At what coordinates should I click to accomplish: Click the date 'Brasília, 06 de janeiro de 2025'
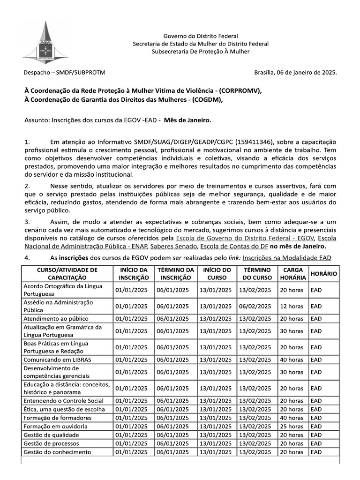click(295, 73)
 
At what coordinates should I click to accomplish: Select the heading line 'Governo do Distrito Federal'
click(201, 36)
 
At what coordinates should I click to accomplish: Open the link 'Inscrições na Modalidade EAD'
click(287, 258)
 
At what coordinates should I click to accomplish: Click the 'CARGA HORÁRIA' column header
click(292, 274)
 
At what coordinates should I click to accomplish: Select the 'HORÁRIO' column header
click(323, 274)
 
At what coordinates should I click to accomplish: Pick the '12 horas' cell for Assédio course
click(292, 307)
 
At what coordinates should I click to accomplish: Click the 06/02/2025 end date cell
click(255, 307)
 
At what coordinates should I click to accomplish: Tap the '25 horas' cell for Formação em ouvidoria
click(292, 427)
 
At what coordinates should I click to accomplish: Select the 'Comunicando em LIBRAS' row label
click(57, 360)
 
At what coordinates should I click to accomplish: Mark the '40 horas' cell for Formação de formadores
click(292, 418)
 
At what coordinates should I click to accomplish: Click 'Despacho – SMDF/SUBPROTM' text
click(65, 73)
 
